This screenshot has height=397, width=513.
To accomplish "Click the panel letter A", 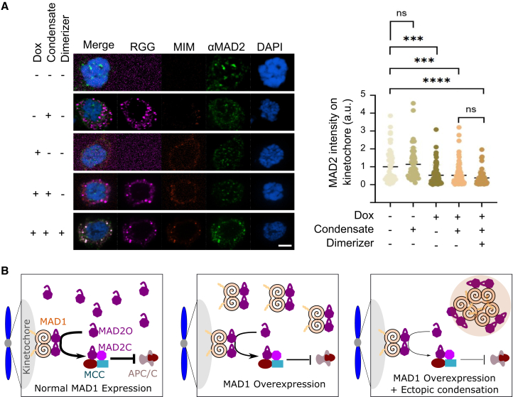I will (x=6, y=6).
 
